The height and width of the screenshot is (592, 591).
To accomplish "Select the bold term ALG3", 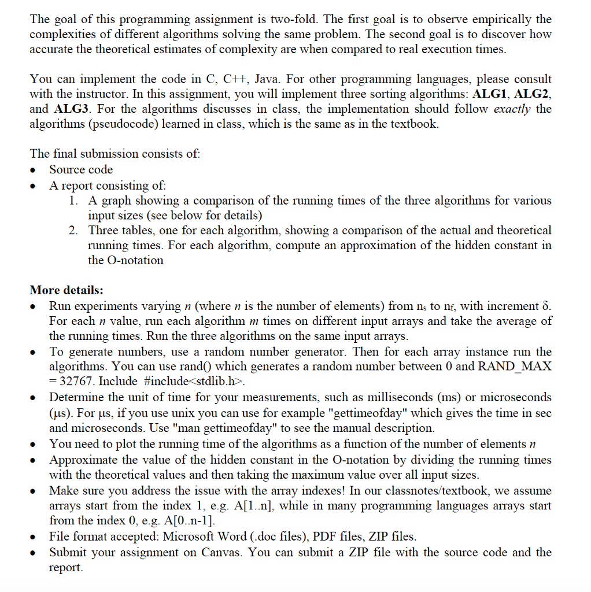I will tap(71, 109).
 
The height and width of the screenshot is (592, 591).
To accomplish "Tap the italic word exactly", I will tap(512, 109).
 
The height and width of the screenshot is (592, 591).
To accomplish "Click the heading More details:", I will tap(67, 290).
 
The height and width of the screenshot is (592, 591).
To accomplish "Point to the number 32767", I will tap(77, 382).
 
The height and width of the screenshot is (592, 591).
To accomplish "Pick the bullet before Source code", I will tap(36, 170).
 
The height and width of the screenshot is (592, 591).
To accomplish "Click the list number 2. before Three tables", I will tap(73, 230).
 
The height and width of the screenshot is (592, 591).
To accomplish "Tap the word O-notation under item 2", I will tap(125, 260).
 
